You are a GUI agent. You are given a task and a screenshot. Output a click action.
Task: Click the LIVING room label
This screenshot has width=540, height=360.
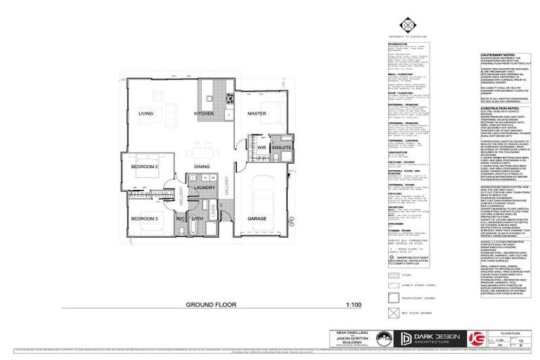coord(146,113)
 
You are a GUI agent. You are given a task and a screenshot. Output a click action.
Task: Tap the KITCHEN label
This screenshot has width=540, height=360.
coord(204,113)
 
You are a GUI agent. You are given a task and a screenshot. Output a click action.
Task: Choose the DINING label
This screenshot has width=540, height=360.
coord(202,166)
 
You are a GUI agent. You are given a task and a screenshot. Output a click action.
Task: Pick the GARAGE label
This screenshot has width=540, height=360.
coord(257,219)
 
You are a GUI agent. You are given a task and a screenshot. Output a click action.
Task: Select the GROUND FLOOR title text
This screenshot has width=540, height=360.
coord(212,306)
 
